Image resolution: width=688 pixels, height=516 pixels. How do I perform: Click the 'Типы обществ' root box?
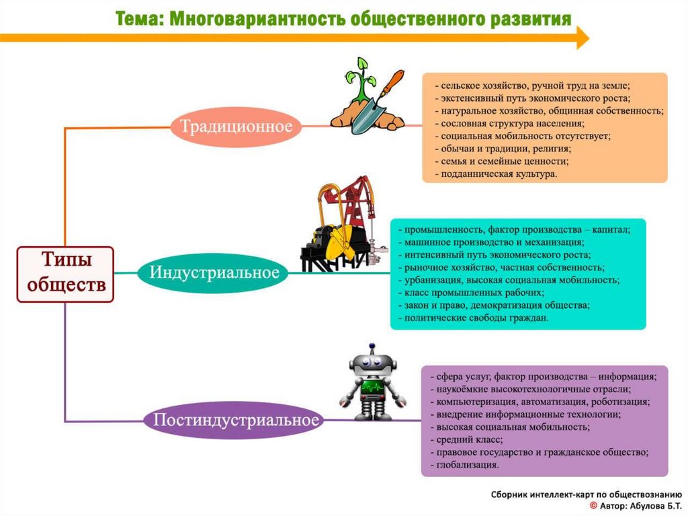(66, 274)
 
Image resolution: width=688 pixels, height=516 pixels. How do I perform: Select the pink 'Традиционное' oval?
(234, 126)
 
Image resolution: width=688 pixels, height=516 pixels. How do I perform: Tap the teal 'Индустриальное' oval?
(214, 273)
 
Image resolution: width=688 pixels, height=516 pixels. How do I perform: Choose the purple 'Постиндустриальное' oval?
(234, 420)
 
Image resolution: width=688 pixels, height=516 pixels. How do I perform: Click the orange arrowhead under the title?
(581, 38)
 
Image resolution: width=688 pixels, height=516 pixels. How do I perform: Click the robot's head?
(372, 364)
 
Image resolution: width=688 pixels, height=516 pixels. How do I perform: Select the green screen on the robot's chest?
(372, 389)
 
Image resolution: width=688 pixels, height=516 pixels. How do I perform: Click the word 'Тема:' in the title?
(138, 18)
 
